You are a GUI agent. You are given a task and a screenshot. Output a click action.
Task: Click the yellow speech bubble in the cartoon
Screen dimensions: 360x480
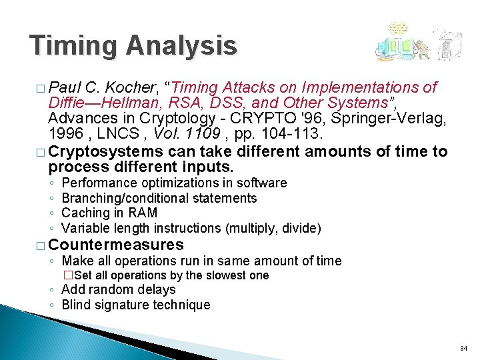pyautogui.click(x=399, y=29)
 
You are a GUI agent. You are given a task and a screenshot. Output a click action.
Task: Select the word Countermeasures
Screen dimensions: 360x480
pyautogui.click(x=116, y=244)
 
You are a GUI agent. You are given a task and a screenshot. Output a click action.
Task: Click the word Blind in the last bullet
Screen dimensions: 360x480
pyautogui.click(x=75, y=305)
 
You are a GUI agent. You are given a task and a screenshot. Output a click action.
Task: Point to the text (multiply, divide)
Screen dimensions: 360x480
pyautogui.click(x=273, y=228)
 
